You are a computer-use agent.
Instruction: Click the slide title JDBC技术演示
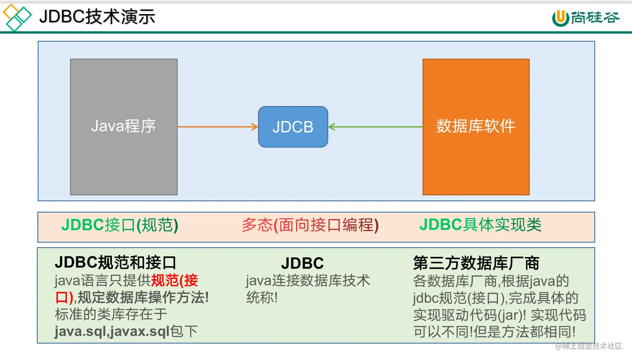click(97, 17)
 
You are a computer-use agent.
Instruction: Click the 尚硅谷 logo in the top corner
click(586, 18)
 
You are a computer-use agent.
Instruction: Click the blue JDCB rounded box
click(293, 127)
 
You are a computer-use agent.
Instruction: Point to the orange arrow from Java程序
click(217, 127)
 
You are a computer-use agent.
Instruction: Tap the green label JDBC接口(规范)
click(120, 225)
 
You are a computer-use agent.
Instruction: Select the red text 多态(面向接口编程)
click(310, 225)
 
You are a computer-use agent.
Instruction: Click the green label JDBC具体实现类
click(480, 225)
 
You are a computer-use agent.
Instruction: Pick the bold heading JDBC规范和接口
click(115, 263)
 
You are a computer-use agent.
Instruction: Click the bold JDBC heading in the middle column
click(302, 263)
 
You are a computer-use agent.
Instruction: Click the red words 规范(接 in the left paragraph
click(174, 281)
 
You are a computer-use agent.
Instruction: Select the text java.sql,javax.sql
click(112, 332)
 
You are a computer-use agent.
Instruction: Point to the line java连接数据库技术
click(308, 281)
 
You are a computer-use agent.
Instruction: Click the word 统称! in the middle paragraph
click(262, 298)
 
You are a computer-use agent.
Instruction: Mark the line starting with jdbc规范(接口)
click(495, 298)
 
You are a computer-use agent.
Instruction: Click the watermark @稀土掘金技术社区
click(588, 346)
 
